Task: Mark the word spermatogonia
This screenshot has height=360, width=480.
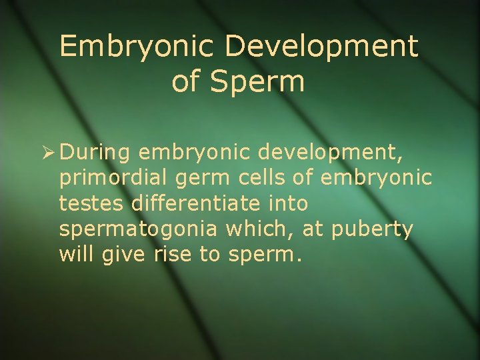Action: [137, 230]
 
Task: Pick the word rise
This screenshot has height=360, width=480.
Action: [173, 254]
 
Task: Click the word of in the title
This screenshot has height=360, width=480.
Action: [185, 81]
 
